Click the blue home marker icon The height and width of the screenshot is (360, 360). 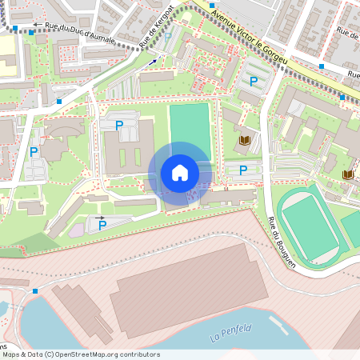click(x=180, y=173)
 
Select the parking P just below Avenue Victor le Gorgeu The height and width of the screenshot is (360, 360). click(x=254, y=81)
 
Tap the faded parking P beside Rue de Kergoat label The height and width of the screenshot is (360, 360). click(x=168, y=37)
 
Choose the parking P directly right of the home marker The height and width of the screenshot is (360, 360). click(x=243, y=170)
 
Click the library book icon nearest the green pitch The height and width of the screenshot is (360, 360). click(x=244, y=142)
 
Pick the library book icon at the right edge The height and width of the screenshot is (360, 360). click(x=347, y=174)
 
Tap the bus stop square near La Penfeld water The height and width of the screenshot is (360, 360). click(x=35, y=291)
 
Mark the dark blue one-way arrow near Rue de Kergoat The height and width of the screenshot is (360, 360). click(x=151, y=61)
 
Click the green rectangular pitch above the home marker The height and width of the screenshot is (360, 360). click(x=190, y=128)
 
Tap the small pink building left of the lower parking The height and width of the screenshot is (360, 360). click(x=77, y=230)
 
